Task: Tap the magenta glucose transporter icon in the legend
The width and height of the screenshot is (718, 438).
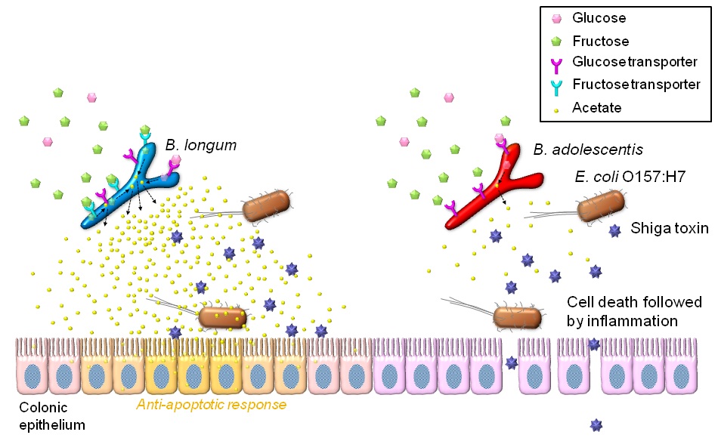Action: click(x=556, y=63)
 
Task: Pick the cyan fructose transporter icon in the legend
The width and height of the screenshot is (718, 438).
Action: click(x=556, y=85)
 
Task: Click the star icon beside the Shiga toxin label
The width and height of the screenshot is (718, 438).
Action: click(x=614, y=229)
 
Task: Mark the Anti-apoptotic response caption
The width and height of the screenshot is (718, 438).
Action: click(x=212, y=405)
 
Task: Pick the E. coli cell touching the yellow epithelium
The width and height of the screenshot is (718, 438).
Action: click(x=222, y=317)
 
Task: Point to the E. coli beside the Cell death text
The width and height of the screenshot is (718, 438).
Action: click(x=518, y=317)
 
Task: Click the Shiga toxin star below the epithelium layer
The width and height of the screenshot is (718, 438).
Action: click(x=597, y=424)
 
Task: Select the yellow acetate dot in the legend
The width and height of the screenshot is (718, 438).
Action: click(x=556, y=108)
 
